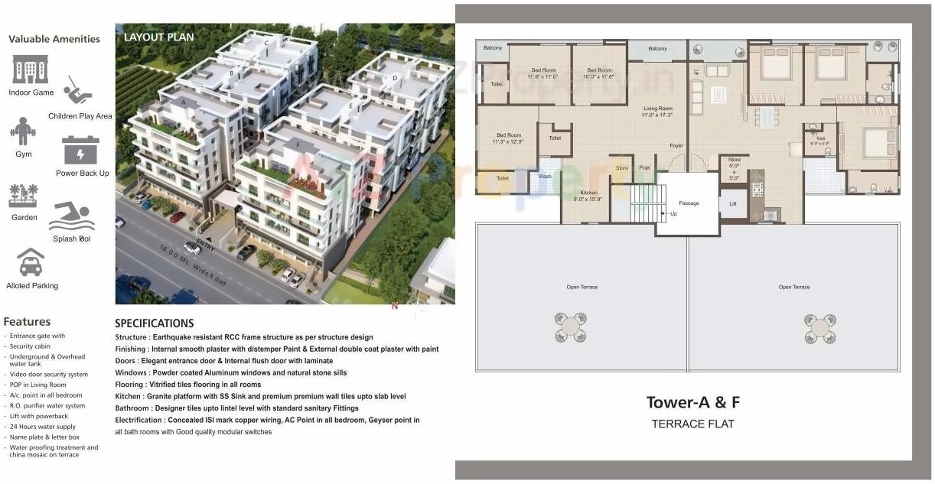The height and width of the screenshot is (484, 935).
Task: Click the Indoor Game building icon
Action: pos(31,70)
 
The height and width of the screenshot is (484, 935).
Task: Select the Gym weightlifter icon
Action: pos(23,132)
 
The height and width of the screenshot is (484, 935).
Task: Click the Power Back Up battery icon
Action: pos(81,150)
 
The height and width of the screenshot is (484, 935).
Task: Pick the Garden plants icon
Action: pos(23,196)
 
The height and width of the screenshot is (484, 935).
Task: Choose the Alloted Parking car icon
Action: pos(31,262)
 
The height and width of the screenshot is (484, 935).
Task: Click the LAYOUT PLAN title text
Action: pos(159,37)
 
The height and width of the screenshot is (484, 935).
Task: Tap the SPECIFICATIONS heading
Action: pos(155,323)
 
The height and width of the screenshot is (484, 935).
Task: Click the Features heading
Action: pos(27,322)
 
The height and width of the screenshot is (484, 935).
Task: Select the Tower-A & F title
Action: pos(693,402)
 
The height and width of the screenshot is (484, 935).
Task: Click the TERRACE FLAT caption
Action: pos(692,424)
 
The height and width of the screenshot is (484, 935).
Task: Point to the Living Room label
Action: pos(657,109)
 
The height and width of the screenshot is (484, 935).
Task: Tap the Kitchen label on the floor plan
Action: pos(588,193)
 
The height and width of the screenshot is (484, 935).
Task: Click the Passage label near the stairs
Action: pos(689,203)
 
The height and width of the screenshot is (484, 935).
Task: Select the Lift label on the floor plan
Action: pos(733,204)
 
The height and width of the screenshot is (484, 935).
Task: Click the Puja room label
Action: pos(644,167)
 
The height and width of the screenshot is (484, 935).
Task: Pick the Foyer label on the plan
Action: pos(676,145)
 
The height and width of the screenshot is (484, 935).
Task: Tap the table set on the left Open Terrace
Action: pos(571,327)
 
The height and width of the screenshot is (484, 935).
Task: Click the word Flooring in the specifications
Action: pos(129,385)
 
